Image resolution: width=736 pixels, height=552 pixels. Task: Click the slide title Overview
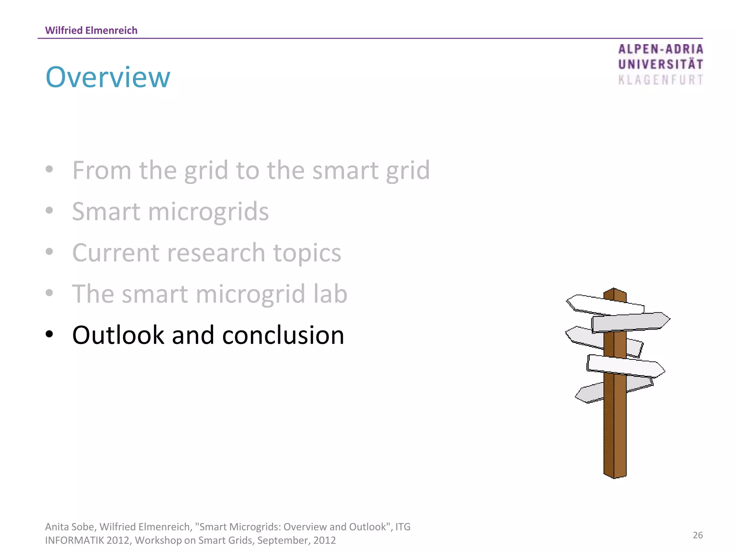108,77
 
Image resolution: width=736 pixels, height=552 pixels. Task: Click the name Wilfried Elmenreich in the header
91,31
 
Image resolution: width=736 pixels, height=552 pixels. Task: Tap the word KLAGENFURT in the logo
660,80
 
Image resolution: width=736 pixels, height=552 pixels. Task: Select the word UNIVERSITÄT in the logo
660,64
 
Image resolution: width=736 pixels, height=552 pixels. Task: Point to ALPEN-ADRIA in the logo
660,49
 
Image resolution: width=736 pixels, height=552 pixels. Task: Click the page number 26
698,535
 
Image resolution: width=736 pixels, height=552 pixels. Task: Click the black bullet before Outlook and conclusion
50,334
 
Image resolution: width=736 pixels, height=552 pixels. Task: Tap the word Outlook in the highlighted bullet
118,335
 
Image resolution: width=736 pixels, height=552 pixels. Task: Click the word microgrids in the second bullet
208,212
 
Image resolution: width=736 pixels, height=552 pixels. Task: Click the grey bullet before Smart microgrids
50,211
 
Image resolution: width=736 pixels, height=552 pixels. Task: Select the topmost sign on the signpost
606,305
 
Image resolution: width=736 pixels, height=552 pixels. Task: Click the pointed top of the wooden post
614,290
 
